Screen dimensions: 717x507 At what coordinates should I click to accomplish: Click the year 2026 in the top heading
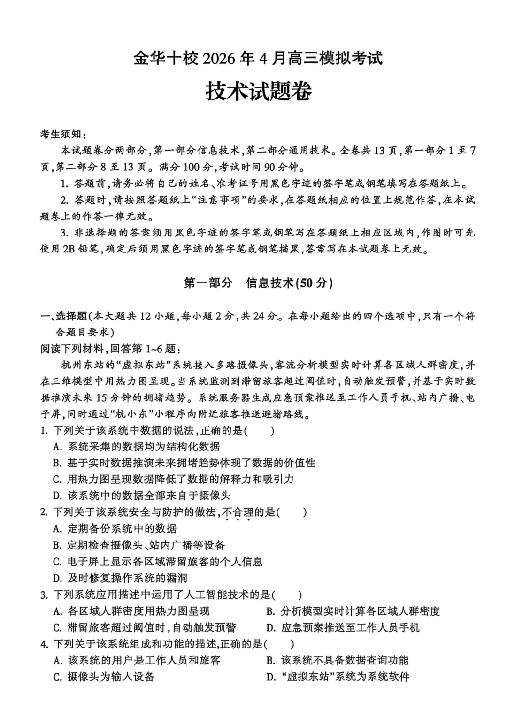[221, 58]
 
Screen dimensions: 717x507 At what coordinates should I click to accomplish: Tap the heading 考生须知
[63, 134]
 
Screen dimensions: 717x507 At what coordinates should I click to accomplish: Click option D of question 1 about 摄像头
[141, 496]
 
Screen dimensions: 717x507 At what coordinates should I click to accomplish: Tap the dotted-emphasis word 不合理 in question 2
[235, 512]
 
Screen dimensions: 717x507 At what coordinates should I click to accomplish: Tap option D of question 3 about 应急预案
[343, 628]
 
